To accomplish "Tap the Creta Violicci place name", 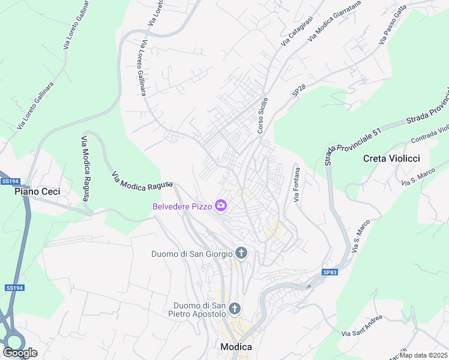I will [x=391, y=158].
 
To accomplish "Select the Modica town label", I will [x=236, y=347].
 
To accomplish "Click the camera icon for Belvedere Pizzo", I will [x=221, y=206].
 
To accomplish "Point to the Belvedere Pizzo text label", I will [x=182, y=206].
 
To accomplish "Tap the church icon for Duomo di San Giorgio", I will [x=241, y=253].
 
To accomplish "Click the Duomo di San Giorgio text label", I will [x=191, y=254].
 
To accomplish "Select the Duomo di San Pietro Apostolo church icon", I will [x=234, y=308].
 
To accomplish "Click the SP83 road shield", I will [x=330, y=272].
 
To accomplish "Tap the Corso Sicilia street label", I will [x=261, y=115].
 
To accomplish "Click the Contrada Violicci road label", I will [x=430, y=135].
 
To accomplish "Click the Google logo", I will [x=20, y=353].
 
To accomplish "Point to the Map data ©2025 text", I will [x=424, y=355].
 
